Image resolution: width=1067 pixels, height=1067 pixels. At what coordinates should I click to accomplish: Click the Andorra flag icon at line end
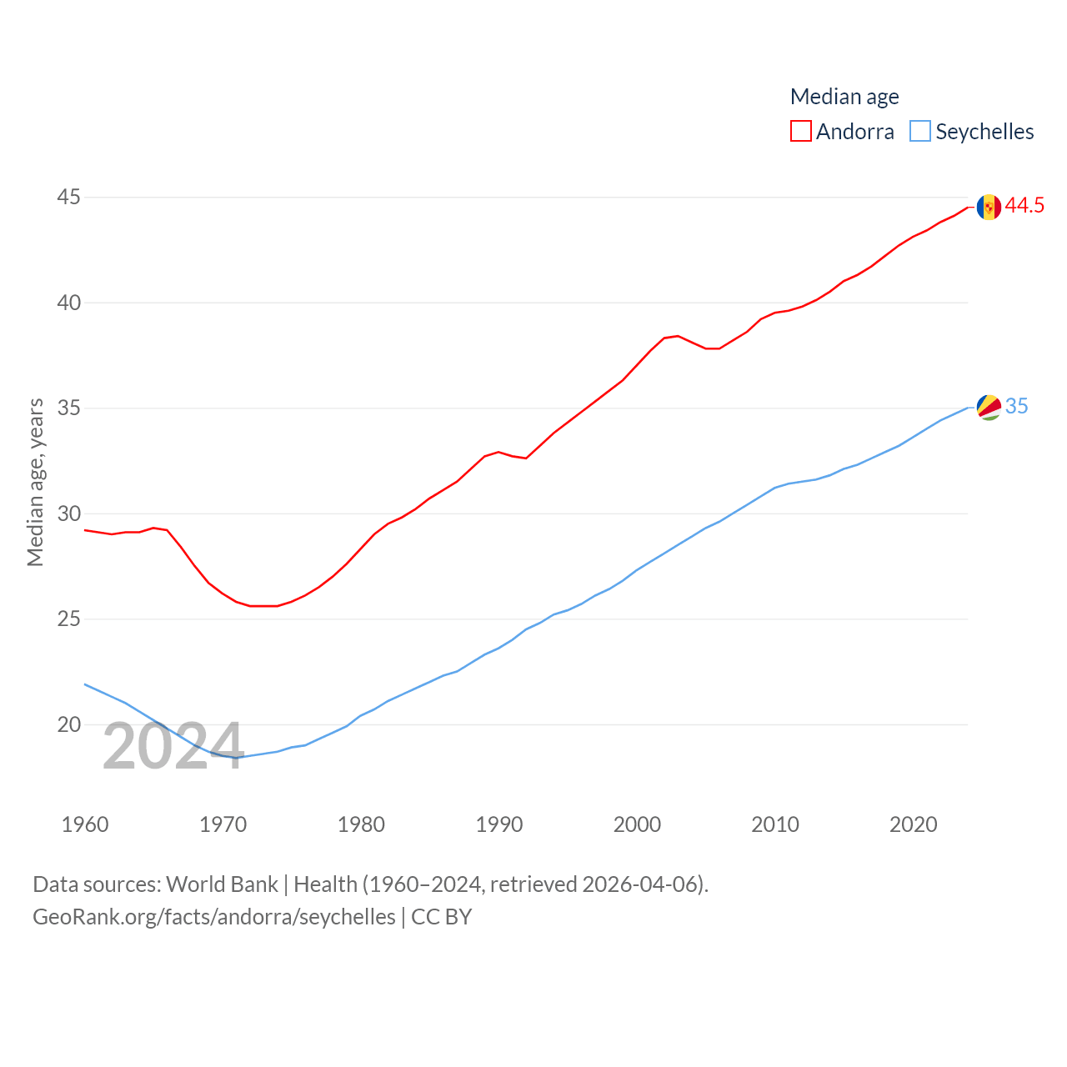tap(989, 207)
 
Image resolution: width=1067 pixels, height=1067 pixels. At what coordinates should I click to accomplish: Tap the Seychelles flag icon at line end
tap(989, 407)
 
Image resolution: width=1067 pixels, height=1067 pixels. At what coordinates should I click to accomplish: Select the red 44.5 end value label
tap(1024, 205)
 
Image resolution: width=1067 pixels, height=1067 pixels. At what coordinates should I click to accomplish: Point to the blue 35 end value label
tap(1016, 406)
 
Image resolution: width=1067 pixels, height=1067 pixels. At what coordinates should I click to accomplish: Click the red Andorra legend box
tap(801, 132)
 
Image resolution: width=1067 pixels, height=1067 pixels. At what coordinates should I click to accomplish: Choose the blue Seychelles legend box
tap(920, 132)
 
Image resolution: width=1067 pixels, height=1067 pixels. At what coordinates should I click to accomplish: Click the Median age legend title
tap(844, 97)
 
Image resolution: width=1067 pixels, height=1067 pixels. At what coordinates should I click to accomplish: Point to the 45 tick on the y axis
tap(69, 198)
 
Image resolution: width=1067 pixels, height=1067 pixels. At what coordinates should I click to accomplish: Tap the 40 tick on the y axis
tap(69, 303)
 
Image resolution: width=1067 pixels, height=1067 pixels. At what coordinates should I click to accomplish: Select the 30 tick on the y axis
tap(69, 513)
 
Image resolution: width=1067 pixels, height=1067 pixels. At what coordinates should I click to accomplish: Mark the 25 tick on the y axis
tap(69, 619)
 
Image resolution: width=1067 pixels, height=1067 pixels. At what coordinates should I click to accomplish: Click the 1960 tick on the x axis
tap(85, 824)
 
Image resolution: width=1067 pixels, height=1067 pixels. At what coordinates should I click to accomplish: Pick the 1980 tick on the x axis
tap(361, 824)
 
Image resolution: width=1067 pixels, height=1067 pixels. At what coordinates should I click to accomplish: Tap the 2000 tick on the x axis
tap(637, 824)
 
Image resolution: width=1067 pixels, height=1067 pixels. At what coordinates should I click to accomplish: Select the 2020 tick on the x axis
tap(913, 824)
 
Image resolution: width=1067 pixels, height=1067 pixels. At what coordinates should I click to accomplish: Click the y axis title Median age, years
tap(35, 483)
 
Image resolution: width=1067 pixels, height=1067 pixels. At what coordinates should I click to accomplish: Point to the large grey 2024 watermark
tap(173, 747)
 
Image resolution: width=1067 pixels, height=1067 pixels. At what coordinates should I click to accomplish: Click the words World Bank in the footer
tap(222, 884)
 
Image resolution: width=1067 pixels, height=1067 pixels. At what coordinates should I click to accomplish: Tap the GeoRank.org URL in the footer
tap(214, 917)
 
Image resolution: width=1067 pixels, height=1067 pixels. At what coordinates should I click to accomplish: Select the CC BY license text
tap(442, 917)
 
